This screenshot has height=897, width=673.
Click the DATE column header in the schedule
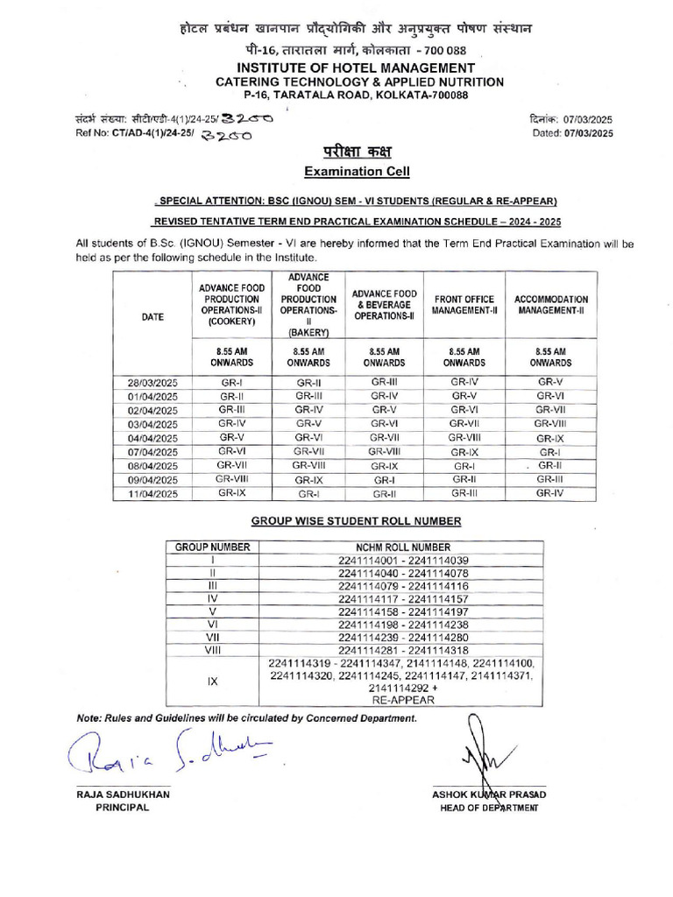click(152, 318)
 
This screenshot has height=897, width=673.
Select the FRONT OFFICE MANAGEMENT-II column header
click(464, 304)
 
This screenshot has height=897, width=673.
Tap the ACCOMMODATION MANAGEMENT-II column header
click(551, 304)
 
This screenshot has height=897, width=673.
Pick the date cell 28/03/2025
click(152, 383)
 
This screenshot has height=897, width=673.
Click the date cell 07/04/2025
click(152, 452)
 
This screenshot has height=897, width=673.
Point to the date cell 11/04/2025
click(152, 494)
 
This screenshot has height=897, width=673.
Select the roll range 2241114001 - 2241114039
click(403, 561)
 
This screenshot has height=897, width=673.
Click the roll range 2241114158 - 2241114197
click(403, 611)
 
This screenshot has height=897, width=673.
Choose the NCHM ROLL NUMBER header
click(403, 547)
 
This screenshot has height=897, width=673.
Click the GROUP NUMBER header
click(213, 547)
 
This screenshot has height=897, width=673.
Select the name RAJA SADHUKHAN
click(123, 794)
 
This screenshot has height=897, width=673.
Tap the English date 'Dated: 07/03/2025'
click(572, 133)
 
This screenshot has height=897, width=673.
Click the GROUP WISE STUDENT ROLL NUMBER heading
click(356, 520)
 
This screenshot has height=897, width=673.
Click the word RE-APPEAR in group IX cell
click(403, 701)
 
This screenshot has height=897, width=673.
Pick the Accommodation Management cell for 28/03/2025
click(551, 383)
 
